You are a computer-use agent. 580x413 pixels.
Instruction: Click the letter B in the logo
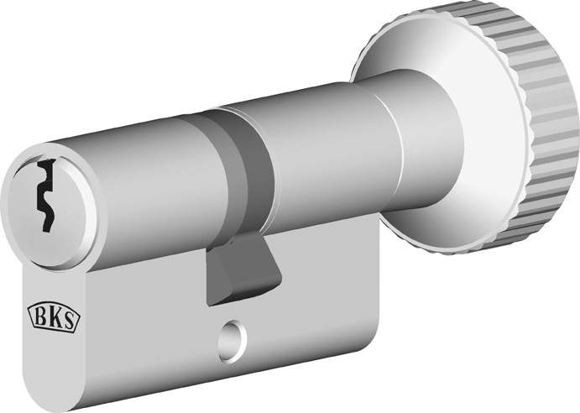tap(39, 316)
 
